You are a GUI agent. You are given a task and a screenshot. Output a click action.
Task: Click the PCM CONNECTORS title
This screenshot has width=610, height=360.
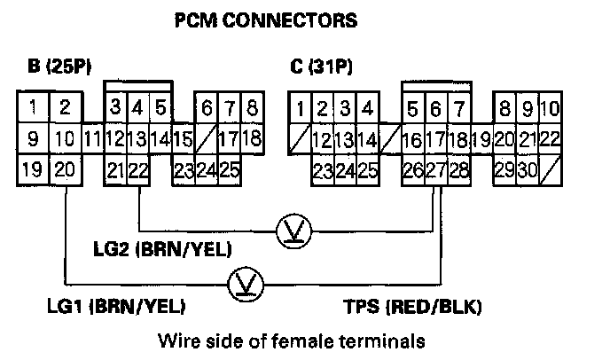267,19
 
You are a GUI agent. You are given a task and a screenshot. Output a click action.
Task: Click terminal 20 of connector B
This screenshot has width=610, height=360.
65,169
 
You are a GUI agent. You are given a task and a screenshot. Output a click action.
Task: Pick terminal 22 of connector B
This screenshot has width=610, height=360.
137,169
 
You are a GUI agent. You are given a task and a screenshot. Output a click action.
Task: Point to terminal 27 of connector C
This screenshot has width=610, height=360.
436,169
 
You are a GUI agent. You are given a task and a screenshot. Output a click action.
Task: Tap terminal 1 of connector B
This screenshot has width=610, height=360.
33,109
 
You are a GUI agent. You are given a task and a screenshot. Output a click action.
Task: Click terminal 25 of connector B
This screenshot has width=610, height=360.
230,169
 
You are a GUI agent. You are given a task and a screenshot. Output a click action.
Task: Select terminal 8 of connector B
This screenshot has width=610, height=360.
252,109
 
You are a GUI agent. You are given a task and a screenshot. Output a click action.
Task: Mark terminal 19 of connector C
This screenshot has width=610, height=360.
481,139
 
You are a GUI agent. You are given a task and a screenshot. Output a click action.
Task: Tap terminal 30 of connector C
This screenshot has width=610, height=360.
527,169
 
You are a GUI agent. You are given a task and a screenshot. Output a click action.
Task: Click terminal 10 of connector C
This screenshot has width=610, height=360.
549,109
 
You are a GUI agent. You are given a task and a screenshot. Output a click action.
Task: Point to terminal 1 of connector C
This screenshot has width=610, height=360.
301,109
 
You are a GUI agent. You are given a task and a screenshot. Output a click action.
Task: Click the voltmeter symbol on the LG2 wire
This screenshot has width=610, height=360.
290,229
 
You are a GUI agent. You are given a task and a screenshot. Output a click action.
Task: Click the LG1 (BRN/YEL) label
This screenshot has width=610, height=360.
115,307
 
